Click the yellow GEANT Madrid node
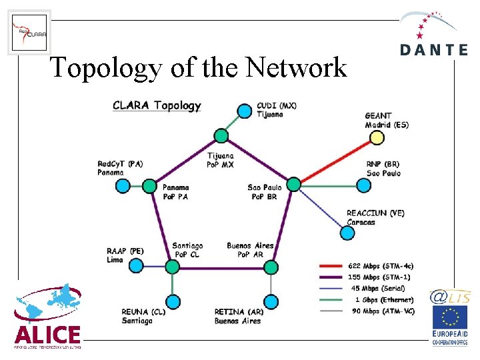pyautogui.click(x=377, y=137)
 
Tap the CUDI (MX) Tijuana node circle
pyautogui.click(x=245, y=109)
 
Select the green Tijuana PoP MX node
pyautogui.click(x=221, y=137)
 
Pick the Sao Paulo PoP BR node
pyautogui.click(x=293, y=184)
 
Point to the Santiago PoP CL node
pyautogui.click(x=172, y=267)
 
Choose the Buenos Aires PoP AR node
pyautogui.click(x=270, y=267)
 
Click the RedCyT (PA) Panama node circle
pyautogui.click(x=123, y=185)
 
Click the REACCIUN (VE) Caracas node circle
pyautogui.click(x=347, y=233)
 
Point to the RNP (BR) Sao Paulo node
pyautogui.click(x=363, y=185)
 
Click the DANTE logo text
pyautogui.click(x=435, y=50)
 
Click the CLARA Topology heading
pyautogui.click(x=157, y=105)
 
